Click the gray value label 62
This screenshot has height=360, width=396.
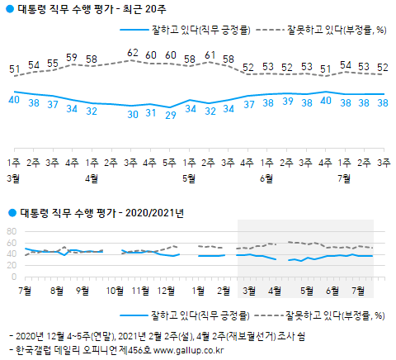(x=132, y=52)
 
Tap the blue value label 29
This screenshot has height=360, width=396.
(x=171, y=114)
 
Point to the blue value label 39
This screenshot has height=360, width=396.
(x=286, y=102)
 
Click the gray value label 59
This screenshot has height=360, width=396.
(x=72, y=57)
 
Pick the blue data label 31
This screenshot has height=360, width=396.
(x=151, y=112)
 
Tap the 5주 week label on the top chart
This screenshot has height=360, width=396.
(x=171, y=162)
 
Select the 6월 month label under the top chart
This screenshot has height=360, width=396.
(x=266, y=178)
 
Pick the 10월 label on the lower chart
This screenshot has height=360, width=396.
(x=115, y=291)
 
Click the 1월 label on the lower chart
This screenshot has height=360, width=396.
(x=198, y=291)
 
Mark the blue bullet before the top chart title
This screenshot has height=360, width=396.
(x=8, y=9)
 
